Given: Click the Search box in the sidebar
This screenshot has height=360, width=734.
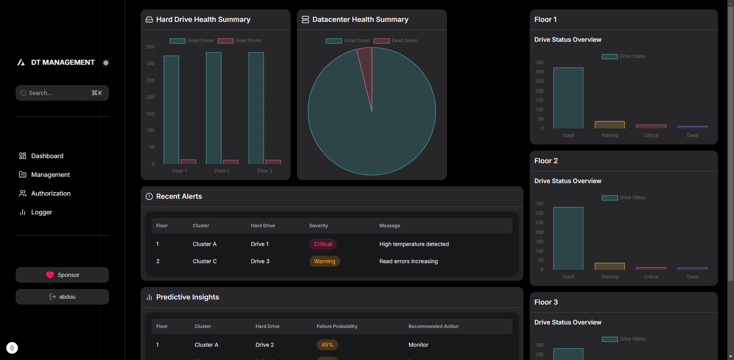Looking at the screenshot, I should [59, 93].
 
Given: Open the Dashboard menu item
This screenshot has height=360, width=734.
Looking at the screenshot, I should [47, 156].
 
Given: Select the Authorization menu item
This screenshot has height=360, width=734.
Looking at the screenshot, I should [50, 193].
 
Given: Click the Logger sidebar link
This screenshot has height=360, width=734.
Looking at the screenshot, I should [41, 212].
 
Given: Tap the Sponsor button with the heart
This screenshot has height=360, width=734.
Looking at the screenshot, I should [62, 275].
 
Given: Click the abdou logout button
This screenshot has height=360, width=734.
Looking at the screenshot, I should [62, 297].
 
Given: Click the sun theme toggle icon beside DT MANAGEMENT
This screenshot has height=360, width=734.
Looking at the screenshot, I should [106, 63].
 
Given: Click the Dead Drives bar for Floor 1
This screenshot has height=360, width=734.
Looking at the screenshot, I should [188, 162].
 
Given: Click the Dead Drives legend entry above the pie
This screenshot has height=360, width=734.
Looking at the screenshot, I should [396, 41].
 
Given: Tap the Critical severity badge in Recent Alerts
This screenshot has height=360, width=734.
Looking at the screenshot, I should [323, 244].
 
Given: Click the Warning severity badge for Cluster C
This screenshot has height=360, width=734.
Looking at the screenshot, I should [324, 261].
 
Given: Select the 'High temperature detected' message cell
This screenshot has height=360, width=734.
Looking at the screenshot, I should [414, 244].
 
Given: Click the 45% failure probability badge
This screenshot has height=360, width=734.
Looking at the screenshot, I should [327, 345].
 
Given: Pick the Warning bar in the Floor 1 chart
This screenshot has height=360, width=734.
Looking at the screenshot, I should [609, 125].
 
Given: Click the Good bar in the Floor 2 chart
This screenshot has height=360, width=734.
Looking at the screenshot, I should [568, 238].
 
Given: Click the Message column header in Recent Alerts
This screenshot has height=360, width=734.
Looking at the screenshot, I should [389, 226].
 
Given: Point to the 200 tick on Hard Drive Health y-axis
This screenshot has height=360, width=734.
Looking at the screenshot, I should [150, 97].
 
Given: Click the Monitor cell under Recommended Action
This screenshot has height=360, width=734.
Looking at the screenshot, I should [418, 345].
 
